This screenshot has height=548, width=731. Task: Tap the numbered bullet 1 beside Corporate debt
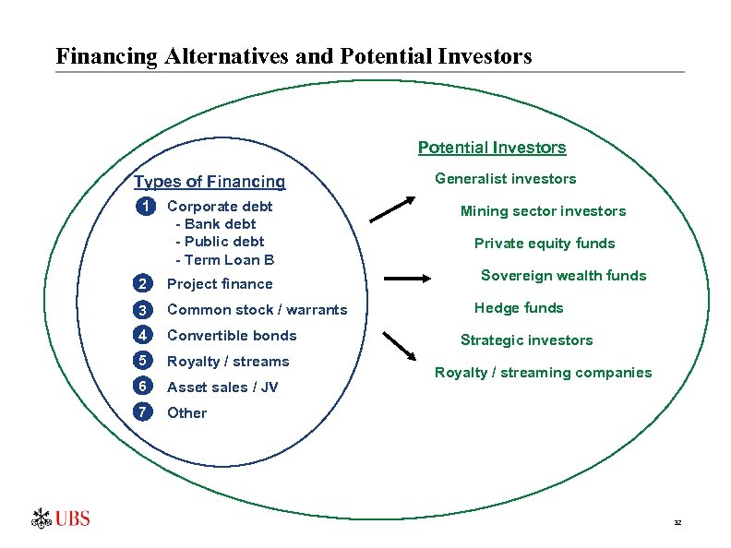(142, 207)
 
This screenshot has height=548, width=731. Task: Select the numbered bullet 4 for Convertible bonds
(142, 336)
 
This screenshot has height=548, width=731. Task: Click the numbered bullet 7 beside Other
(142, 413)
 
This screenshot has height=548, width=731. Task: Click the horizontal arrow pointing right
(406, 277)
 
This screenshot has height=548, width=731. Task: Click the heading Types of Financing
(210, 182)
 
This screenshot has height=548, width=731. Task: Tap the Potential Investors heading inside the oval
(492, 148)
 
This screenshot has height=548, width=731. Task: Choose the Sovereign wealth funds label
(563, 276)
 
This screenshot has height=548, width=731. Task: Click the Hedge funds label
(519, 308)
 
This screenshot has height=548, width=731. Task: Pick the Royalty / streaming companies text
(543, 373)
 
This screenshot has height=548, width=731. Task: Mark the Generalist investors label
(505, 179)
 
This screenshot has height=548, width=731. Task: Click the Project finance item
(220, 284)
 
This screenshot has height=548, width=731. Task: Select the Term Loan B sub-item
(224, 260)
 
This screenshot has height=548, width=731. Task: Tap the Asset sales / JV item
(222, 387)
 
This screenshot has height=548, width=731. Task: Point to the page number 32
(677, 523)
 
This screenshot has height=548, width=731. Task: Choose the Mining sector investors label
(543, 211)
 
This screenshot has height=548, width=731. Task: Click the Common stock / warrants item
(257, 310)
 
